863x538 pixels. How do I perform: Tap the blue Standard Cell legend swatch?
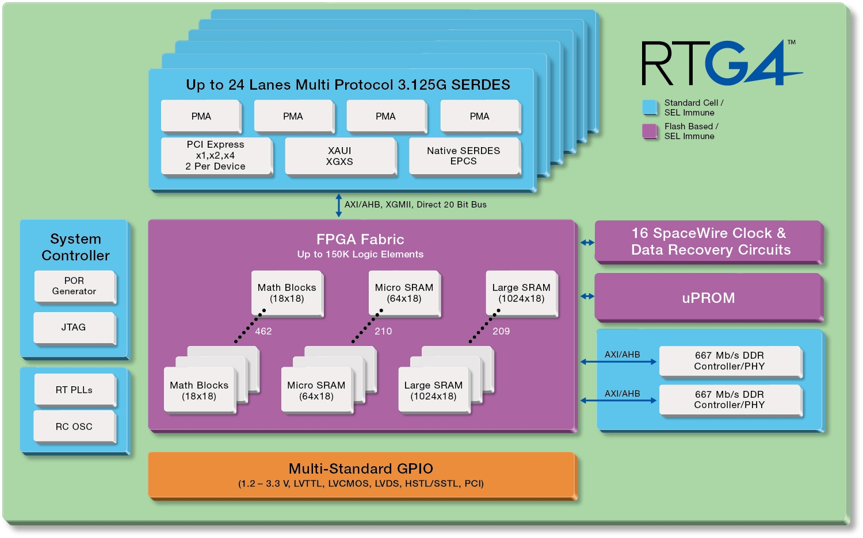(650, 107)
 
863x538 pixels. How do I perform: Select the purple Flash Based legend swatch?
(650, 131)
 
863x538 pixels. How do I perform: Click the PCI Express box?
(216, 156)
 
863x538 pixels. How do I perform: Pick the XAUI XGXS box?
(340, 156)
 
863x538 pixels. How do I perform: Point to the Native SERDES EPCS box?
(464, 156)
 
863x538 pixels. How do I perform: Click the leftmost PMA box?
(201, 116)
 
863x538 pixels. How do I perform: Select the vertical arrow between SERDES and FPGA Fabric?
(339, 205)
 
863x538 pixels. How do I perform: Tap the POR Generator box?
(75, 286)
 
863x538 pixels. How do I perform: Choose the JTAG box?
(74, 328)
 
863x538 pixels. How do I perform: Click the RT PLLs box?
(74, 390)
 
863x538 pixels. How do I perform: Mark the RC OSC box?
(74, 426)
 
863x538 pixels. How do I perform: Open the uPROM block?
(708, 297)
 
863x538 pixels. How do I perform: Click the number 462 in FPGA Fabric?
(264, 331)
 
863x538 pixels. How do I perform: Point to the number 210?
(383, 331)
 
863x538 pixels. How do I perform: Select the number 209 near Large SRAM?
(501, 331)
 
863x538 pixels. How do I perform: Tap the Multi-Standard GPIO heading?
(361, 468)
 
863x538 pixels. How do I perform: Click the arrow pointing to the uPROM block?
(587, 297)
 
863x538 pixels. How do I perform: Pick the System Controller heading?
(75, 247)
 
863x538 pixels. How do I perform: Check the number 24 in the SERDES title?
(236, 85)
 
